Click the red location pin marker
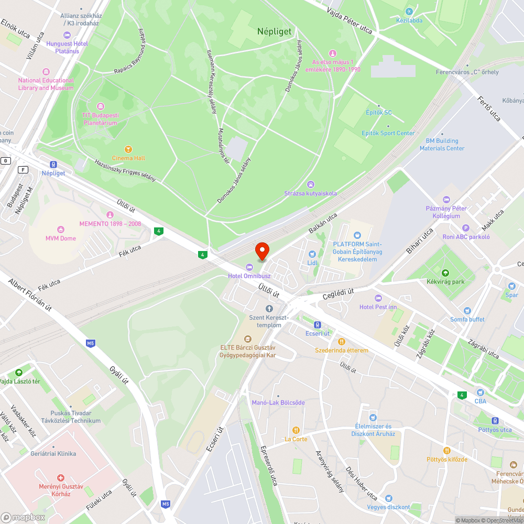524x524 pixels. [x=261, y=251]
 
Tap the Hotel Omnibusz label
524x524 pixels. [x=249, y=276]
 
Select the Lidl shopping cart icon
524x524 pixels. [x=312, y=254]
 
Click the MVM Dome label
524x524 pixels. [x=60, y=238]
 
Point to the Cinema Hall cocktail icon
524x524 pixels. [x=128, y=149]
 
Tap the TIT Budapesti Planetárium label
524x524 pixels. [x=100, y=119]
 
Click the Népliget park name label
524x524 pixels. [x=274, y=31]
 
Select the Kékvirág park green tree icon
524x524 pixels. [x=445, y=272]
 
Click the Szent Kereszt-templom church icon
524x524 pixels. [x=269, y=309]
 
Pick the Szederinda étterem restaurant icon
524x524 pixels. [x=342, y=341]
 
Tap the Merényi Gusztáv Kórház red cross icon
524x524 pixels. [x=61, y=478]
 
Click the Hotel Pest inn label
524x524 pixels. [x=378, y=307]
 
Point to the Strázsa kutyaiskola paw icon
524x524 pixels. [x=311, y=184]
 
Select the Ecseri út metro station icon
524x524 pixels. [x=318, y=324]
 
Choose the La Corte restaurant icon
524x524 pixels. [x=296, y=430]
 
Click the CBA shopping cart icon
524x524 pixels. [x=480, y=392]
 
